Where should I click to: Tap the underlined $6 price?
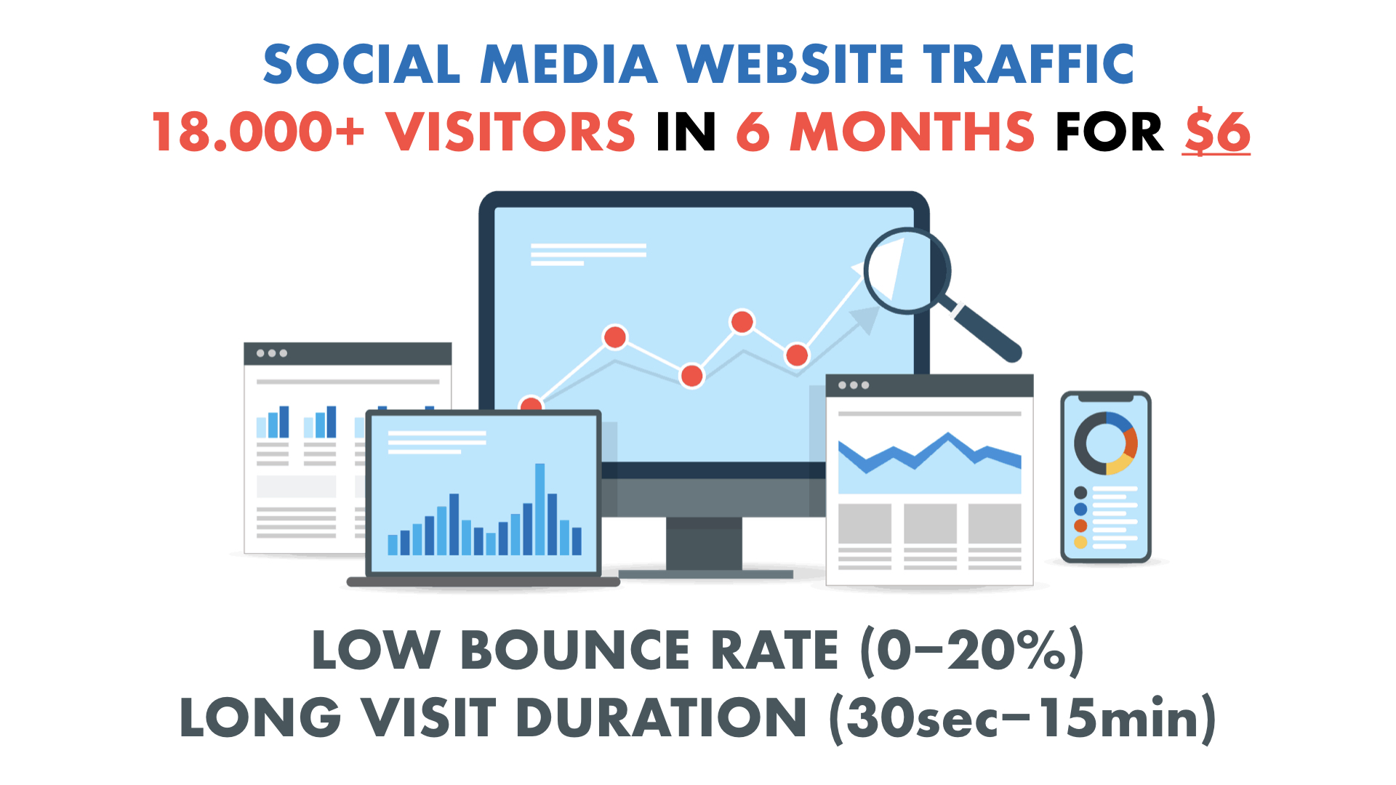point(1216,132)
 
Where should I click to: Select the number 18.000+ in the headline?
point(258,132)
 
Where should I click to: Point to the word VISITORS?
point(510,132)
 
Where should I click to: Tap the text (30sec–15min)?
point(1022,718)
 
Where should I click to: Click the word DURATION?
point(661,718)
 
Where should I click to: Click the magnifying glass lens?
point(907,270)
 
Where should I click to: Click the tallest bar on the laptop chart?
point(539,509)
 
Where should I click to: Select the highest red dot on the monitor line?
point(742,321)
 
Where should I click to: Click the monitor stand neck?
point(704,543)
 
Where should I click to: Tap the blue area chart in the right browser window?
point(929,463)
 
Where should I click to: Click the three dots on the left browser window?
point(272,353)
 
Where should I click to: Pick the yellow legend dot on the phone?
point(1080,542)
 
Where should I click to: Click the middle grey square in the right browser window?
point(930,523)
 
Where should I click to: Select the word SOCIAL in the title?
point(361,64)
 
